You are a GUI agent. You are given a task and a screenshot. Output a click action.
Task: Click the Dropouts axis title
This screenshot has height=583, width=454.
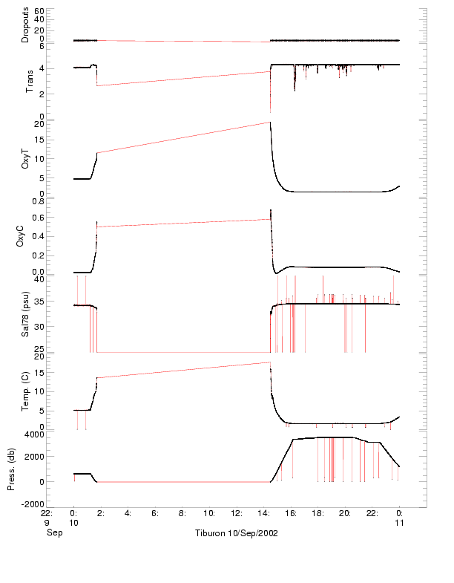[x=26, y=25]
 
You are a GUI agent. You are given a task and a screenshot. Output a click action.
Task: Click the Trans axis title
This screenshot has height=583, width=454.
[x=30, y=79]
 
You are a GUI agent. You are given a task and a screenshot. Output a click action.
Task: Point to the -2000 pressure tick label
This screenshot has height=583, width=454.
[x=34, y=504]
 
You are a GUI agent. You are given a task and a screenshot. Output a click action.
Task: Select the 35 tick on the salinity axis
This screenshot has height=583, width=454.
[x=40, y=302]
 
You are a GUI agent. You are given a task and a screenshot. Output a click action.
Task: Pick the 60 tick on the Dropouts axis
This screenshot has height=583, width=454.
[x=40, y=11]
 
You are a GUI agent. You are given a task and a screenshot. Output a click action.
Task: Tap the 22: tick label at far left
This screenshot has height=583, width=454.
[x=46, y=512]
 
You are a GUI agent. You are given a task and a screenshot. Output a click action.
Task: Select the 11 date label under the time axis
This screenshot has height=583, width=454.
[x=399, y=523]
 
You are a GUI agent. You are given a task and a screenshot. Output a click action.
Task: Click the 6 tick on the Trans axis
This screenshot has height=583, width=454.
[x=43, y=45]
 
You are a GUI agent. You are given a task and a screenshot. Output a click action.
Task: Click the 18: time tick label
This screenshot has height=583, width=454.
[x=318, y=512]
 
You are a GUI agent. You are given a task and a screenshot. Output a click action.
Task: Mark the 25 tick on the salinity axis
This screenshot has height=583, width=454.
[x=40, y=348]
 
